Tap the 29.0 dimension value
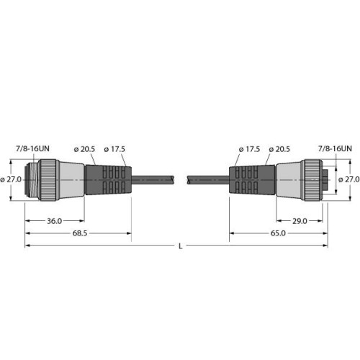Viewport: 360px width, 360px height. (x=302, y=220)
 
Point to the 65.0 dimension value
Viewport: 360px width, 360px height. (x=276, y=233)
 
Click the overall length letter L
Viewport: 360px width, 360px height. (x=179, y=246)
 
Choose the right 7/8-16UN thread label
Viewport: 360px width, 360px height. (x=335, y=148)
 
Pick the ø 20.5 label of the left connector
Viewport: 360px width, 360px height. (x=85, y=149)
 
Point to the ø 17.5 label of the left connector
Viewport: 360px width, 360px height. (x=114, y=149)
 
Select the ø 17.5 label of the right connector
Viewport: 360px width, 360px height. (x=248, y=149)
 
